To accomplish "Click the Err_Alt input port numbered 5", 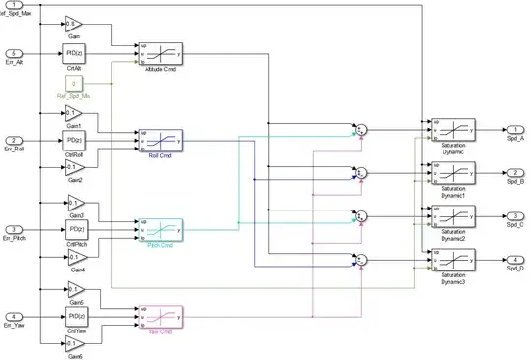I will [15, 53].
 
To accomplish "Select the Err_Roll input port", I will [15, 141].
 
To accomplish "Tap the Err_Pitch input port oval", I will [15, 228].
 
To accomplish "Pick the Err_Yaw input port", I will [15, 316].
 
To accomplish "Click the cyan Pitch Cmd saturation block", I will [160, 228].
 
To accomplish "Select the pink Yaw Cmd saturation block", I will [160, 316].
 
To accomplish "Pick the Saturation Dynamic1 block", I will [452, 172].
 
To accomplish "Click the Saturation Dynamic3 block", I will [452, 259].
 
